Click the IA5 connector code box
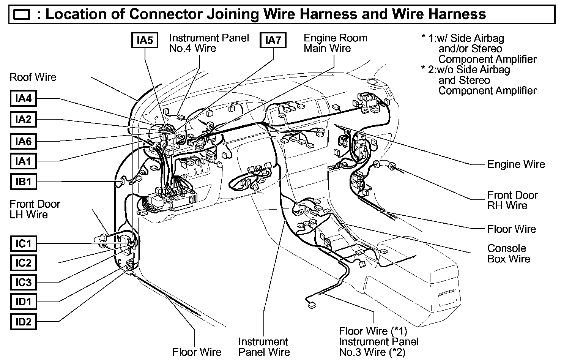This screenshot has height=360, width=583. [x=145, y=40]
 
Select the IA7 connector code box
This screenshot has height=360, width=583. [x=273, y=40]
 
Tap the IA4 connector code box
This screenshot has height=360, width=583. [x=23, y=99]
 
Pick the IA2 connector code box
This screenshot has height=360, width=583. [x=23, y=120]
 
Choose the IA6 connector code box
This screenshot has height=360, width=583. [x=23, y=142]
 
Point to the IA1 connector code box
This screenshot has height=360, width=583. [x=23, y=161]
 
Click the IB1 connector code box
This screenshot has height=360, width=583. [x=23, y=182]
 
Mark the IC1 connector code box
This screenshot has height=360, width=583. [x=23, y=243]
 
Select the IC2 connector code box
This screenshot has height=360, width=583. [x=23, y=263]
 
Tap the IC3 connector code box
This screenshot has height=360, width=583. [x=23, y=283]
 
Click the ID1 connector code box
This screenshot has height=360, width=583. [x=23, y=302]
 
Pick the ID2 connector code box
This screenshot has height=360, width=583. [x=23, y=322]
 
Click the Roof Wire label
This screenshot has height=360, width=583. [x=33, y=77]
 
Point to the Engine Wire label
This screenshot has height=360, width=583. [x=516, y=164]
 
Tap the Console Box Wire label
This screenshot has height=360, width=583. [x=509, y=254]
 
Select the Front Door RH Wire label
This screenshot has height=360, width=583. [x=512, y=201]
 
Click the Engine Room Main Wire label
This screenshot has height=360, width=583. [x=336, y=43]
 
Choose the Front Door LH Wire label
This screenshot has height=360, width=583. [x=35, y=209]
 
